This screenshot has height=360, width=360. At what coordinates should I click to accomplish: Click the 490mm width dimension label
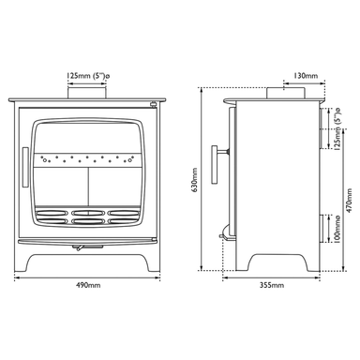pyautogui.click(x=88, y=285)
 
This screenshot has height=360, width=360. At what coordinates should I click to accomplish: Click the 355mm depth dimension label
pyautogui.click(x=272, y=285)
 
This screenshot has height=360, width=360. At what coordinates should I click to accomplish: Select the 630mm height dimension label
pyautogui.click(x=195, y=180)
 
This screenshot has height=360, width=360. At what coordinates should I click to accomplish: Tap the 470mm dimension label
pyautogui.click(x=349, y=201)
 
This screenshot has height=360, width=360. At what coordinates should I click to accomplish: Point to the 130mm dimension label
pyautogui.click(x=306, y=76)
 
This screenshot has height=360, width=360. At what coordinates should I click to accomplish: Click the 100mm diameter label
pyautogui.click(x=337, y=229)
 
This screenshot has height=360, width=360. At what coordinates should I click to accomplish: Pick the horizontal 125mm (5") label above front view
pyautogui.click(x=88, y=76)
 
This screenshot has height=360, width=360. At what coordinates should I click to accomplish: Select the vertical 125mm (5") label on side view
pyautogui.click(x=337, y=129)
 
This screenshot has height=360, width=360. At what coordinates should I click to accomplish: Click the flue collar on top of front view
pyautogui.click(x=87, y=93)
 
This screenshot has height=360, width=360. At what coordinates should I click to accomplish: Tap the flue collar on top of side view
pyautogui.click(x=286, y=94)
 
